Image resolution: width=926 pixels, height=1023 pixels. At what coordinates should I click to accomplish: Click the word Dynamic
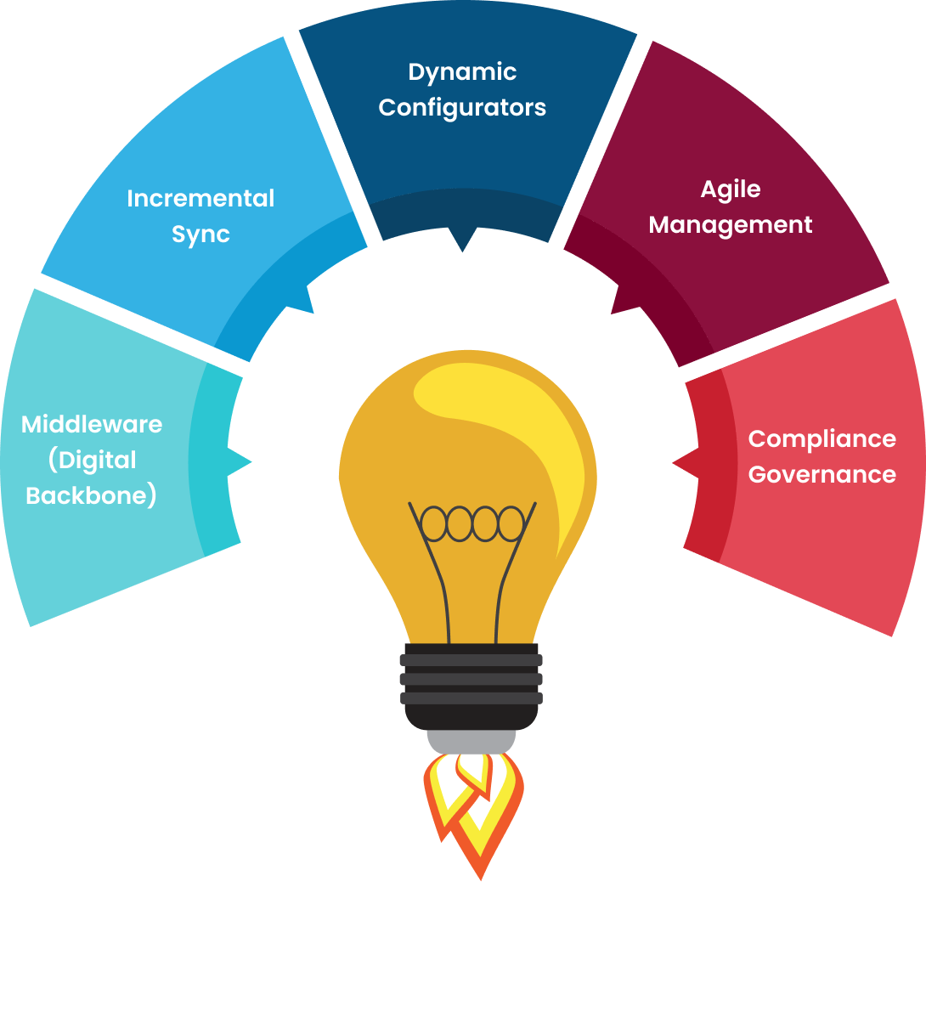coord(462,73)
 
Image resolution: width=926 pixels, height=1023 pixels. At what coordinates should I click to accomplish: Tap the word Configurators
coord(462,109)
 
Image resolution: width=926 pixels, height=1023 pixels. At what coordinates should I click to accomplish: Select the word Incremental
coord(200,199)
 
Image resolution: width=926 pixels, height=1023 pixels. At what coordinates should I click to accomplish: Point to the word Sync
coord(200,235)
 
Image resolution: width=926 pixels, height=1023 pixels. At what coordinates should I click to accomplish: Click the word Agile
coord(730,189)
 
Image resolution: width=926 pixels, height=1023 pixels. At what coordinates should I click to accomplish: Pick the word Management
coord(730,225)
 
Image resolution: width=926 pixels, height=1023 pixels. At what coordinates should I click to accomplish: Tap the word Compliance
coord(822,439)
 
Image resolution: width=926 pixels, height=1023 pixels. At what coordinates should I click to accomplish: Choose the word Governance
coord(822,475)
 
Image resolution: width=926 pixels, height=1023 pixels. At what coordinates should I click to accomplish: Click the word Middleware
coord(92,424)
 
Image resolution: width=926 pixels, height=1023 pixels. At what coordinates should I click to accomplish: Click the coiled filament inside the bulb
coord(472,523)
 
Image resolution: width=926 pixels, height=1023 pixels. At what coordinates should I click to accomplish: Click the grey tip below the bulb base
coord(471,741)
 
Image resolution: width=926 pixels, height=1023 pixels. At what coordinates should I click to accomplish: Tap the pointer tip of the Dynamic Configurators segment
coord(462,250)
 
